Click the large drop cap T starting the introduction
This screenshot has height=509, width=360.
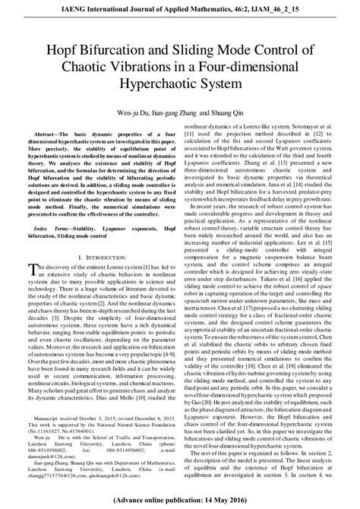click(x=31, y=273)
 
